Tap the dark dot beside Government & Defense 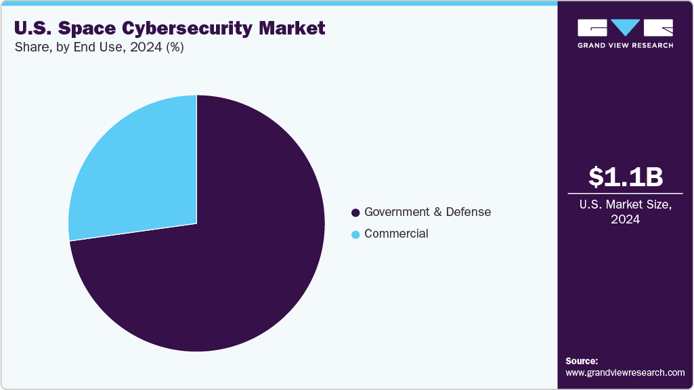click(x=355, y=213)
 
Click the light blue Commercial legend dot click(x=355, y=234)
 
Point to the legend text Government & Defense click(x=427, y=212)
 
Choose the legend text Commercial click(x=396, y=234)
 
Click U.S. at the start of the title click(x=30, y=28)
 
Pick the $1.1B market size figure click(x=625, y=177)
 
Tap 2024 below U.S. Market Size click(x=625, y=219)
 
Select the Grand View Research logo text click(x=625, y=45)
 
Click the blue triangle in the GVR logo click(x=625, y=28)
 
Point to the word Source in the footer click(x=581, y=361)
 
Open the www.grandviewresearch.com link click(x=625, y=372)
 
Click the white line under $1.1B click(x=625, y=193)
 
